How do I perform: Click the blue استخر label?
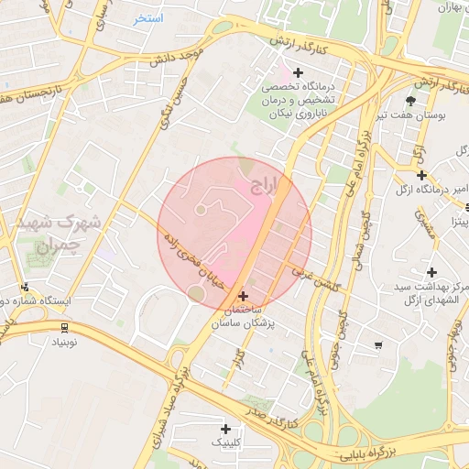[x=147, y=18]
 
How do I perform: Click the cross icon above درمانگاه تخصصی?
[x=297, y=72]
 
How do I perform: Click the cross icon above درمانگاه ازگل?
[x=421, y=175]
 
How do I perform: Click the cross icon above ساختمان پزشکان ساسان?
[x=243, y=296]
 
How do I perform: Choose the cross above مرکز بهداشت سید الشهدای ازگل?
[x=431, y=272]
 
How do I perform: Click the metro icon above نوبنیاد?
[x=63, y=327]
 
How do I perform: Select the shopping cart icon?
[x=378, y=344]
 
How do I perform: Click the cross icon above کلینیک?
[x=225, y=429]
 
